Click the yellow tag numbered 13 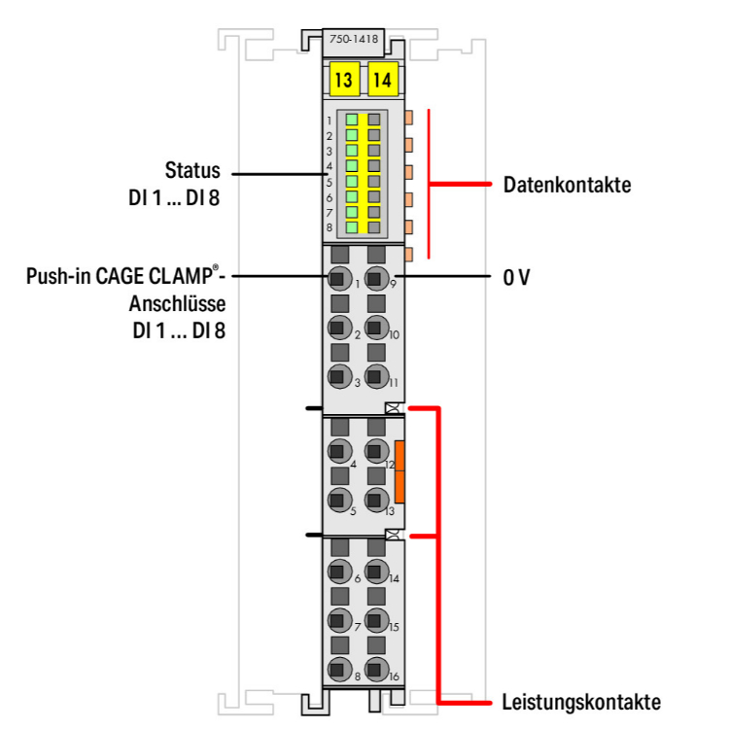[x=343, y=80]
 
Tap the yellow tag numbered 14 [x=382, y=80]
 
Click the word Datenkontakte [x=567, y=185]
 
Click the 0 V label [x=516, y=277]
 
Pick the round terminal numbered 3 [x=337, y=378]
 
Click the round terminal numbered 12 [x=375, y=451]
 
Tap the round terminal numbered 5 [x=337, y=501]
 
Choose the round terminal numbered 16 [x=375, y=668]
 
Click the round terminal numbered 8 [x=337, y=668]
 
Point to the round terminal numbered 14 [x=375, y=571]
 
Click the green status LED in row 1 [x=352, y=121]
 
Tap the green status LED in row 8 [x=352, y=227]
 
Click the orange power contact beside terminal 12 [x=399, y=471]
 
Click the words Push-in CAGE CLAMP [x=121, y=277]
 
